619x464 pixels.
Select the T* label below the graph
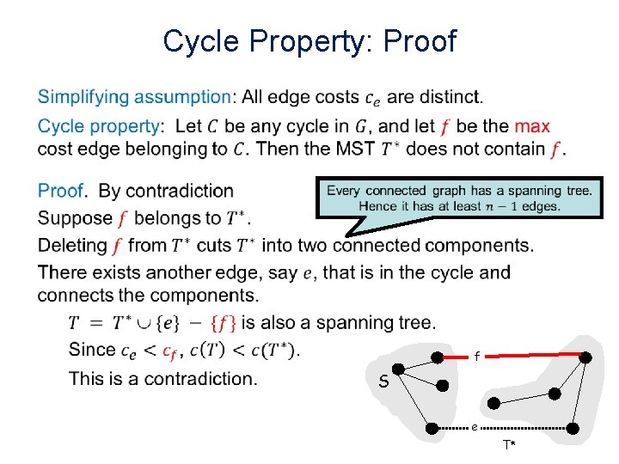point(510,445)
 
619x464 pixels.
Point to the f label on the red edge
point(476,357)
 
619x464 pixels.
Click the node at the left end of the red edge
point(437,357)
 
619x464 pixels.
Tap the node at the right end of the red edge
point(585,357)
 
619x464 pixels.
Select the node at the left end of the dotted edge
point(437,427)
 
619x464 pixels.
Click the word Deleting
point(72,246)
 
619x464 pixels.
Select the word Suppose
point(75,218)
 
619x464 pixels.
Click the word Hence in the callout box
point(377,206)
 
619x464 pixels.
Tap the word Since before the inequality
point(91,350)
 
